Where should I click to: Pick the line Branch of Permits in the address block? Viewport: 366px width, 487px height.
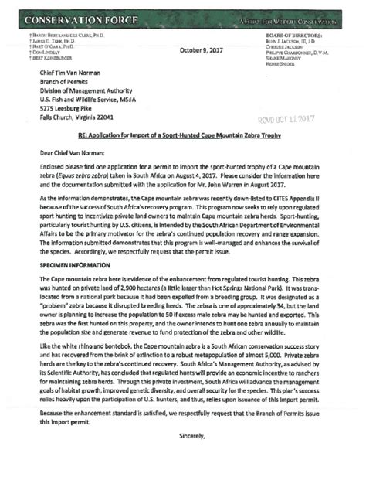68,83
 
